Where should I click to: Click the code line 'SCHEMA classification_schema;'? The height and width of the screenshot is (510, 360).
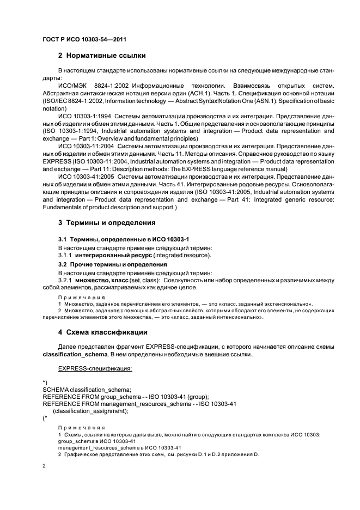tap(87, 389)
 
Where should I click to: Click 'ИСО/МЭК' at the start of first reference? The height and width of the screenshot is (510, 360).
tap(71, 86)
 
